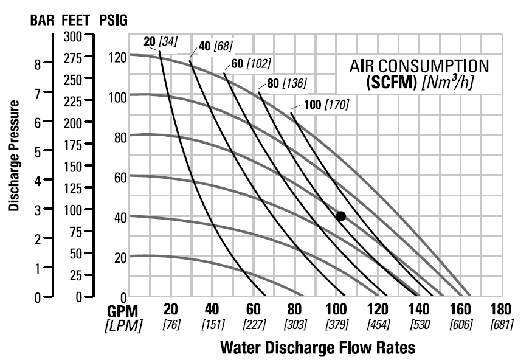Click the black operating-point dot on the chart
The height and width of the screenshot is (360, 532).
point(340,216)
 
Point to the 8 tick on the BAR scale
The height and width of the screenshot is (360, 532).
point(38,63)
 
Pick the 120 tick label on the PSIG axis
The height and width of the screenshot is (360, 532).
point(117,58)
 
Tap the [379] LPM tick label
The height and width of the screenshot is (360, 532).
point(336,325)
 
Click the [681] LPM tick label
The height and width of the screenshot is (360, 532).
point(502,325)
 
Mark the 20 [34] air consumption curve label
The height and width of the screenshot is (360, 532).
point(159,41)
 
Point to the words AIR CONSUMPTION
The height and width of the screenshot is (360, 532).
point(419,66)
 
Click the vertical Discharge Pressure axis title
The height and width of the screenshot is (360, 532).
point(15,156)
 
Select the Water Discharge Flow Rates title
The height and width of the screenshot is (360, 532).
point(317,348)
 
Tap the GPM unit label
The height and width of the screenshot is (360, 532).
point(124,309)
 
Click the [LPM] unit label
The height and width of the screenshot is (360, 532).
point(124,325)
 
